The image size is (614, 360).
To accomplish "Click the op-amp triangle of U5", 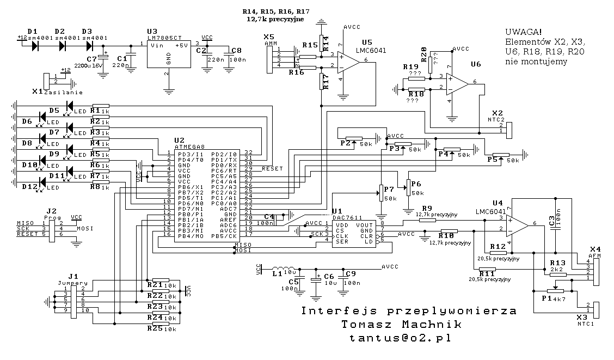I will click(x=348, y=62).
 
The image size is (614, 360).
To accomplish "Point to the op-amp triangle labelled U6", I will click(x=458, y=83).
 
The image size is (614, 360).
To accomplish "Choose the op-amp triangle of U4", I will click(x=517, y=224).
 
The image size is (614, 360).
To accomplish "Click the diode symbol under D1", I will click(x=36, y=46).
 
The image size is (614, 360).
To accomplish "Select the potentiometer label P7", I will click(x=389, y=189).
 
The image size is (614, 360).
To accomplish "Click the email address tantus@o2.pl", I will click(x=401, y=338).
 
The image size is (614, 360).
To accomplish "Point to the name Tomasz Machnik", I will click(x=401, y=325).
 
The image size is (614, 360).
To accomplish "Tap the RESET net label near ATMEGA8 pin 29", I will click(x=272, y=169).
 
